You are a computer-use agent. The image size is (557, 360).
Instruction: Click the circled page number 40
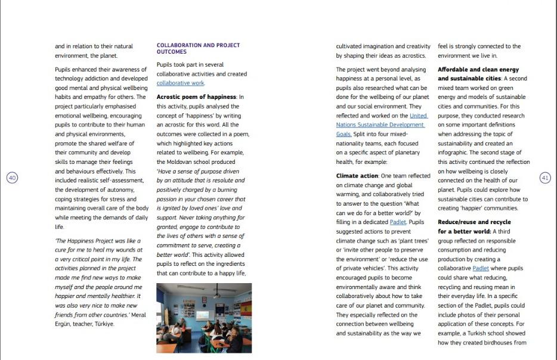[12, 178]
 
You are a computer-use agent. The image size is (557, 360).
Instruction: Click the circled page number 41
[544, 178]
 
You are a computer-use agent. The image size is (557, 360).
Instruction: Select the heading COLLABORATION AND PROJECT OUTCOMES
[198, 48]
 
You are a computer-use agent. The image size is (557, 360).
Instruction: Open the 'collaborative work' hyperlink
[180, 83]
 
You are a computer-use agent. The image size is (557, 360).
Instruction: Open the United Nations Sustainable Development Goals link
[380, 125]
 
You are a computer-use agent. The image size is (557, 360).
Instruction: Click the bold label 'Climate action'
[357, 176]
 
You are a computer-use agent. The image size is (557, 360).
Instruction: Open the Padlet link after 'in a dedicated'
[398, 222]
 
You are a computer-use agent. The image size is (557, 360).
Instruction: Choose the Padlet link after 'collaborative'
[480, 269]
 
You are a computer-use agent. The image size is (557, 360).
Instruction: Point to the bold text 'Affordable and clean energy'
[478, 70]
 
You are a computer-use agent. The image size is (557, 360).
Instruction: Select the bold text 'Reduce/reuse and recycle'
[474, 222]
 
